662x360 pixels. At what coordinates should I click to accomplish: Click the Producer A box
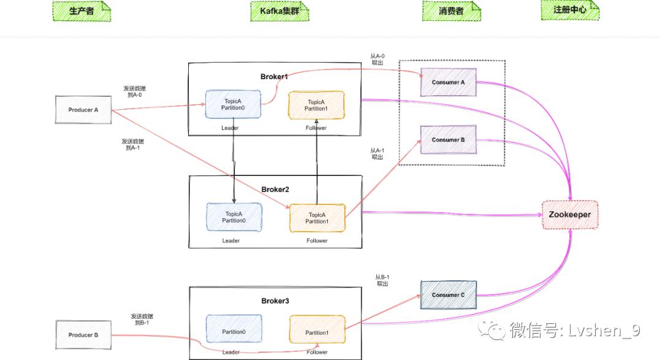(83, 110)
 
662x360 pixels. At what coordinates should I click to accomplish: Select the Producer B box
(83, 335)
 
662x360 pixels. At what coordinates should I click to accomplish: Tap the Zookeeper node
(569, 215)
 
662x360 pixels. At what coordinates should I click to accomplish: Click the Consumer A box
(448, 83)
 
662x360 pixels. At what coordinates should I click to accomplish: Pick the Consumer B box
(448, 140)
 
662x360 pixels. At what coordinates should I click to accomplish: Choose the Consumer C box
(448, 295)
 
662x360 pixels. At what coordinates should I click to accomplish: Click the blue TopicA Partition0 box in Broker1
(233, 105)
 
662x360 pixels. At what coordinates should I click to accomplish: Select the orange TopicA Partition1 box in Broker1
(316, 105)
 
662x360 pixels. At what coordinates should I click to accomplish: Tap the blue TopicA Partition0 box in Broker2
(234, 218)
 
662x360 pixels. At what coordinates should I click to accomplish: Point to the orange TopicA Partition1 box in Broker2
(317, 218)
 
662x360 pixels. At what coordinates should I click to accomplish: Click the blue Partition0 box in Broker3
(234, 332)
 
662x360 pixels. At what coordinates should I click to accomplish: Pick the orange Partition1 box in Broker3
(317, 332)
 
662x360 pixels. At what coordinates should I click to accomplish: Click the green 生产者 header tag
(82, 11)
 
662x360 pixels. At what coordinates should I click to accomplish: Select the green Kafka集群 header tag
(280, 11)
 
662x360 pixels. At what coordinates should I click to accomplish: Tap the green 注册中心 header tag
(569, 10)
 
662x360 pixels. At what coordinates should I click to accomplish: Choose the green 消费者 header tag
(451, 11)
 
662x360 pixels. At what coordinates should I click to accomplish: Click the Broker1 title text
(274, 77)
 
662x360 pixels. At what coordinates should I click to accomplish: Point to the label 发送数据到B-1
(142, 320)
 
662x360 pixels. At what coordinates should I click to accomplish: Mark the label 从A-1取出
(377, 153)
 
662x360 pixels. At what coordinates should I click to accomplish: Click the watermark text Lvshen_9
(604, 331)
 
